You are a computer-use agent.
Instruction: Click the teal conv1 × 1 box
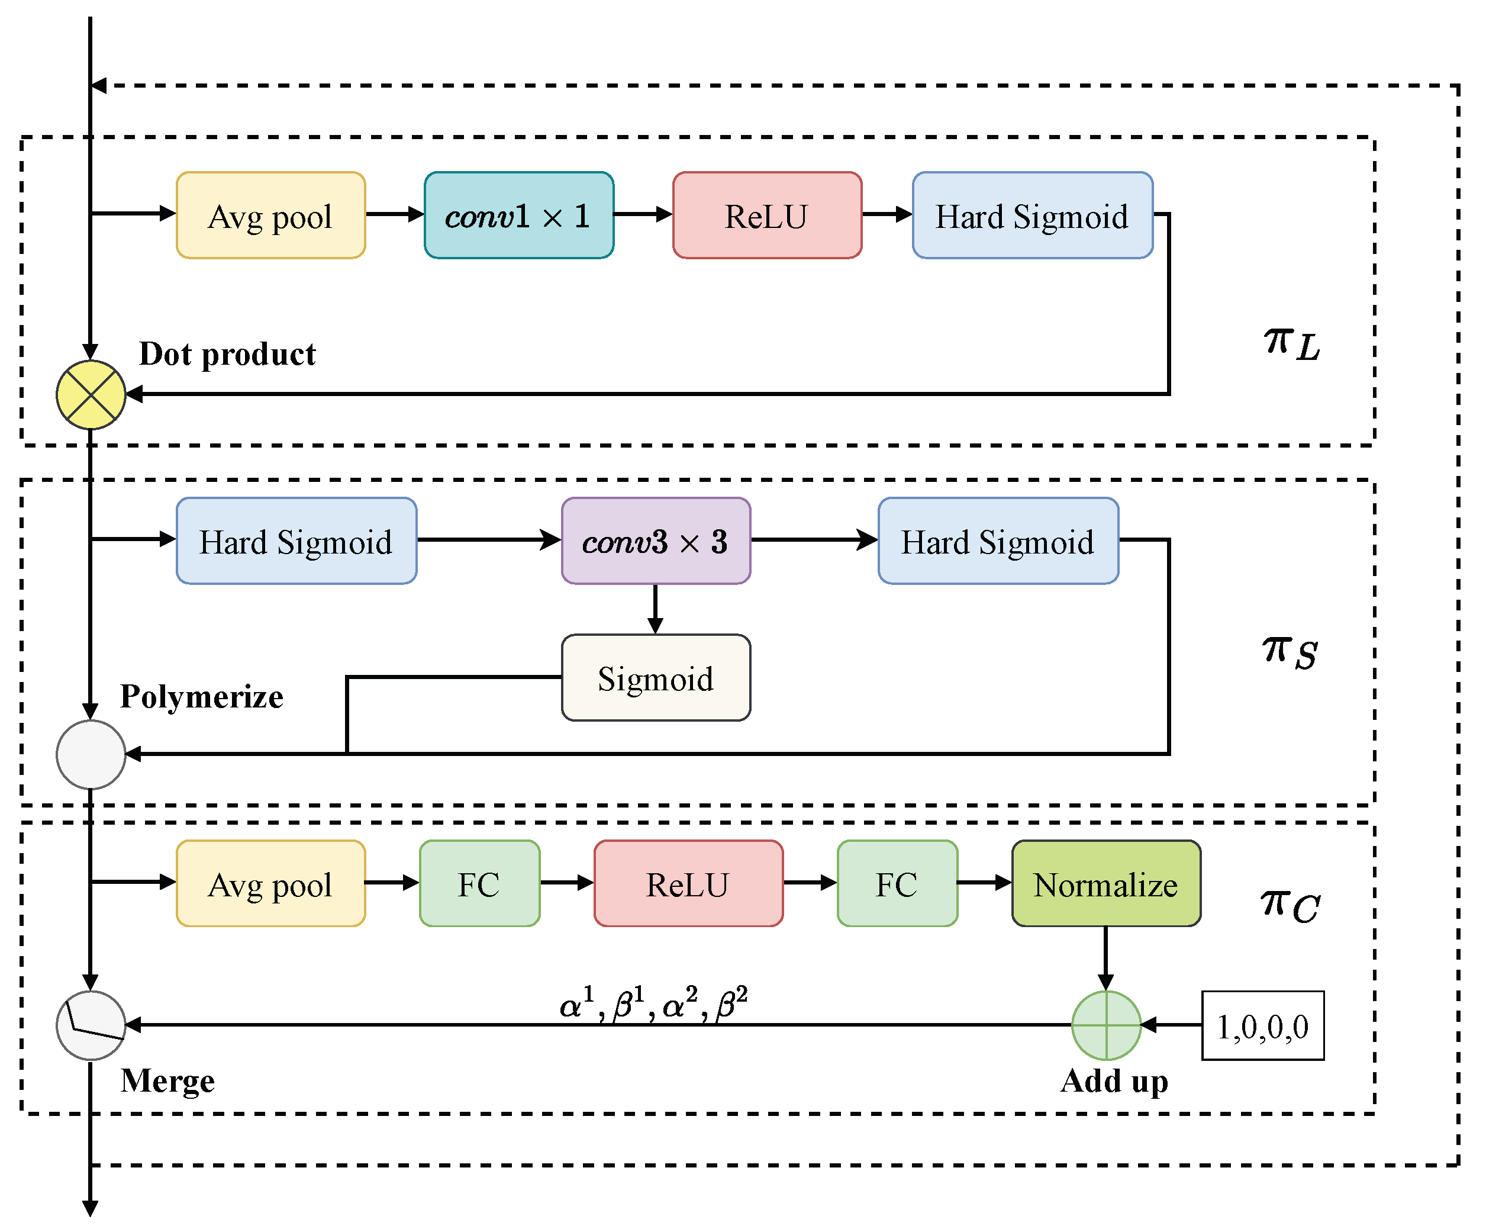(x=518, y=215)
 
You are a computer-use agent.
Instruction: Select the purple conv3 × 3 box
(x=656, y=541)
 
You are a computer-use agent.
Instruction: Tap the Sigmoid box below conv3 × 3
(x=656, y=678)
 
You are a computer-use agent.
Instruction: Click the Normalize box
(x=1106, y=884)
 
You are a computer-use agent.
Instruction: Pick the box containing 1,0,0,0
(x=1263, y=1025)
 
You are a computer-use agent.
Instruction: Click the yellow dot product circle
(x=91, y=394)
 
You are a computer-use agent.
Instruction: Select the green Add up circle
(x=1106, y=1025)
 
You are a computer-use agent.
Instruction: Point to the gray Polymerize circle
(x=91, y=755)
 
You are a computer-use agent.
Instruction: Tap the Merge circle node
(x=91, y=1025)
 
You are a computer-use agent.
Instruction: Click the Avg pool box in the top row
(x=271, y=215)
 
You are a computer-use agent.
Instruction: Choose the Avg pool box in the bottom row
(x=271, y=884)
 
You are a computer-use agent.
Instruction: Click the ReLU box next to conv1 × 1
(x=767, y=215)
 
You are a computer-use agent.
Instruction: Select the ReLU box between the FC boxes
(x=688, y=884)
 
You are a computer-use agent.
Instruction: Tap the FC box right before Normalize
(x=897, y=884)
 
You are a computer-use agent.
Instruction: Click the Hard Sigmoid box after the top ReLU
(x=1033, y=215)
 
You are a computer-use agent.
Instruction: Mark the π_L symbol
(x=1292, y=344)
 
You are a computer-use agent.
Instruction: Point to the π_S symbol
(x=1290, y=651)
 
